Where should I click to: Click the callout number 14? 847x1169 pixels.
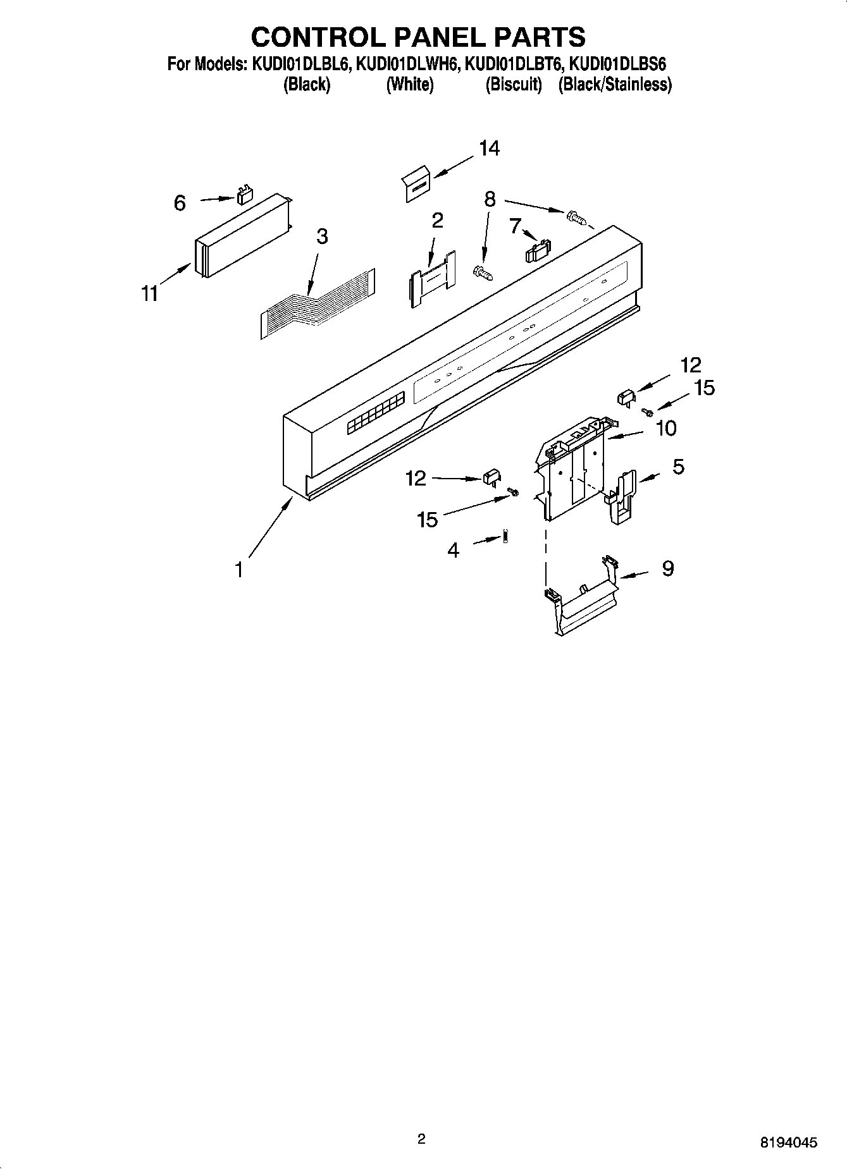pos(489,149)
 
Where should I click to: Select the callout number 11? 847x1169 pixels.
pos(149,294)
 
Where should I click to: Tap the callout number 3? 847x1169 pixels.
pos(322,236)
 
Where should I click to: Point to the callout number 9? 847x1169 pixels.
pos(667,568)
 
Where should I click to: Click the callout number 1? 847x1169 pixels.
pos(238,570)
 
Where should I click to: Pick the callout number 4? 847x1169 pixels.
pos(453,550)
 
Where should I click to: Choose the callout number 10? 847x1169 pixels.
pos(666,429)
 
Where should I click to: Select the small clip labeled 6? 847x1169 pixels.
pos(244,195)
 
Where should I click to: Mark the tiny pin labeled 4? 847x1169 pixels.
pos(505,536)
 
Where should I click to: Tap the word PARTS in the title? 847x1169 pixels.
pos(531,37)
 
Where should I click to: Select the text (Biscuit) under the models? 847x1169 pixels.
pos(513,85)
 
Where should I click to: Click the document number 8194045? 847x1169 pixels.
pos(788,1142)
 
